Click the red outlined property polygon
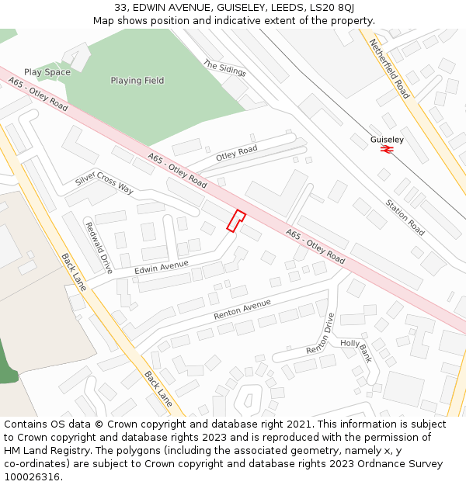pyautogui.click(x=236, y=220)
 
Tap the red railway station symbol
pyautogui.click(x=386, y=150)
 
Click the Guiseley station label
pyautogui.click(x=387, y=140)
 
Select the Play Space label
pyautogui.click(x=47, y=72)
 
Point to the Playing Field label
pyautogui.click(x=137, y=81)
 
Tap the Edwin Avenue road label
pyautogui.click(x=162, y=267)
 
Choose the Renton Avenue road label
pyautogui.click(x=242, y=309)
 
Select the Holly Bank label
pyautogui.click(x=356, y=350)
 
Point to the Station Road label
pyautogui.click(x=405, y=217)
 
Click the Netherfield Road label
pyautogui.click(x=389, y=68)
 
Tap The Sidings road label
pyautogui.click(x=224, y=68)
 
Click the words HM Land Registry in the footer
pyautogui.click(x=40, y=451)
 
